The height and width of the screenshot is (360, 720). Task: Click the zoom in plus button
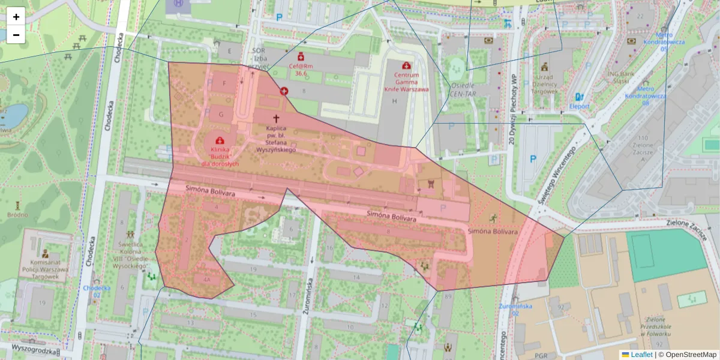[x=16, y=17]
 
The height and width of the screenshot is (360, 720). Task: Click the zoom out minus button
[x=16, y=35]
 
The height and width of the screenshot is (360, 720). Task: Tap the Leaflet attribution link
[x=641, y=355]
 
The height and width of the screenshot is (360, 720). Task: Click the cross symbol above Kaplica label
[x=277, y=119]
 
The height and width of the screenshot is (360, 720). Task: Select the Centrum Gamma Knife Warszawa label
[x=406, y=82]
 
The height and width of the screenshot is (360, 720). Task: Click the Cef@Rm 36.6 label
[x=301, y=70]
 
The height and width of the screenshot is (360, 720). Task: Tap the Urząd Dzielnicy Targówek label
[x=544, y=83]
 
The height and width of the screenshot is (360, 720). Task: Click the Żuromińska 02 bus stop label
[x=515, y=306]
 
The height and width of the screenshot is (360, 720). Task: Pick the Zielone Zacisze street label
[x=687, y=229]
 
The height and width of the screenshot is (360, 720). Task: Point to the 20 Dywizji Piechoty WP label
[x=513, y=111]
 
